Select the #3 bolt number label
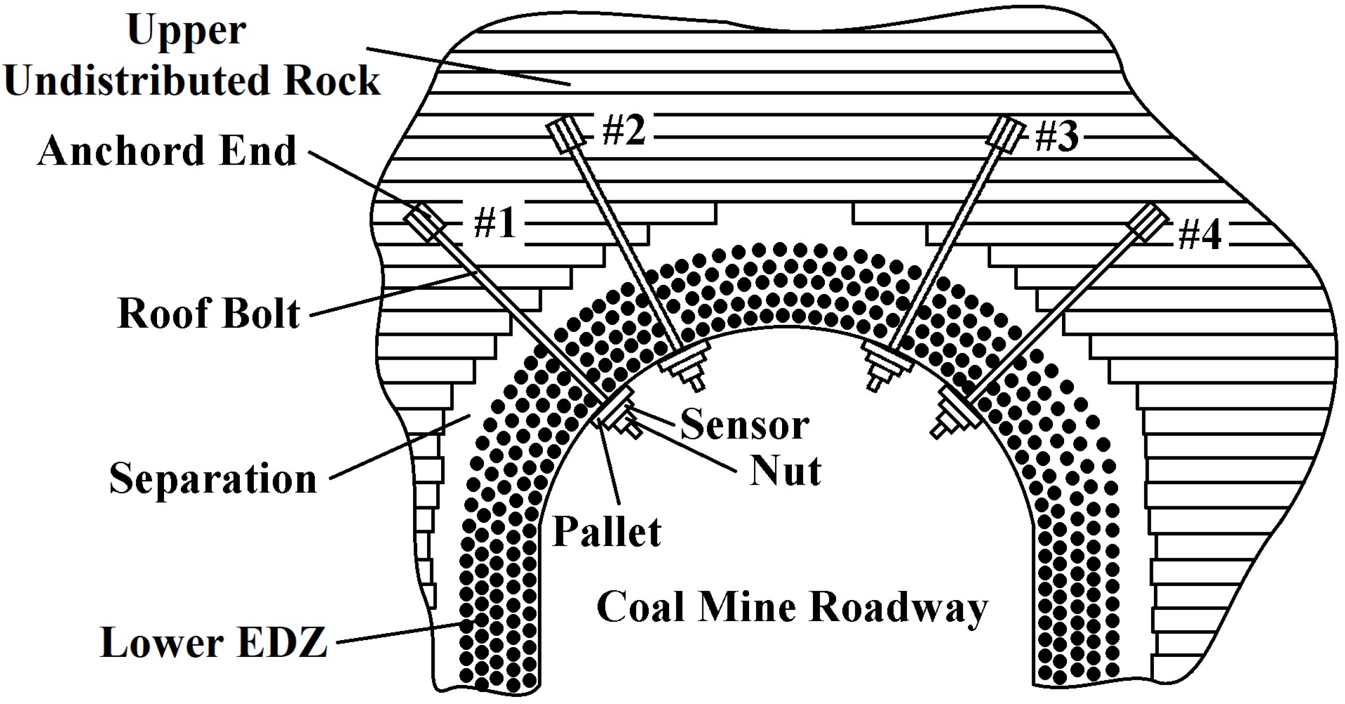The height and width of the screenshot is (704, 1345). coord(1056,136)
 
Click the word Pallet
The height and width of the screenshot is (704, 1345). coord(606,532)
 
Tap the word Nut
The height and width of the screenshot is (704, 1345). coord(785,471)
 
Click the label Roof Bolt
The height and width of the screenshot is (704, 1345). coord(208,314)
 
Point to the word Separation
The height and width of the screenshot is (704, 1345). coord(213,479)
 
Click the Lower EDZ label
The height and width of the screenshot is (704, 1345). coord(214,643)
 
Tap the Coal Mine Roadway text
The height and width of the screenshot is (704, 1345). coord(792,608)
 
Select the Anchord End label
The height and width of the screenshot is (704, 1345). coord(167,151)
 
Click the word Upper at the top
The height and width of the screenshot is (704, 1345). coord(187,30)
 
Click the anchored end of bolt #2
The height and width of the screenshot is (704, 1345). coord(566,135)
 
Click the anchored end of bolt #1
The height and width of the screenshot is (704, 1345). coord(424,223)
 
